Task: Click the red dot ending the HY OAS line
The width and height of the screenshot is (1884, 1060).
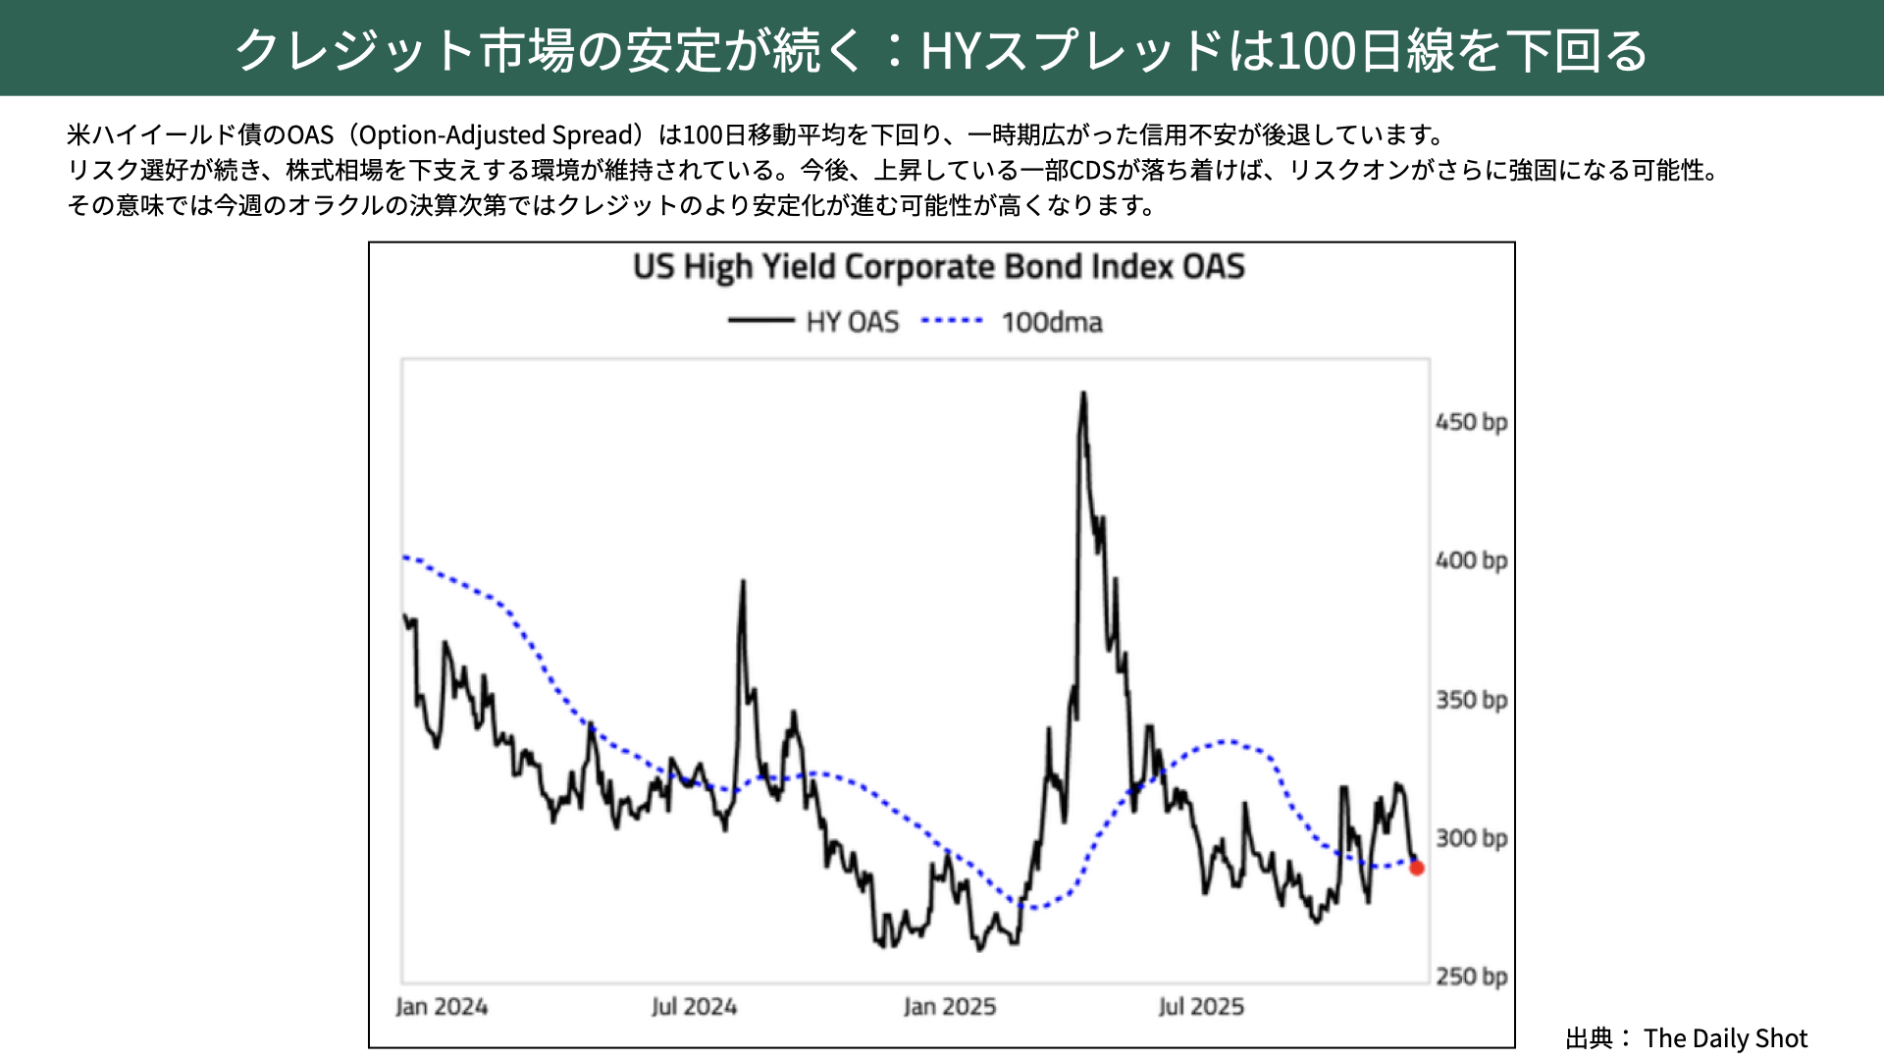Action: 1416,868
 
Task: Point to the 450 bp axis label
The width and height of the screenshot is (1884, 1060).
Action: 1471,422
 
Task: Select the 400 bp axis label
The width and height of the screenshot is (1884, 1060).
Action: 1471,560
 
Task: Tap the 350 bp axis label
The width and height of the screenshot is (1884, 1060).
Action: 1471,700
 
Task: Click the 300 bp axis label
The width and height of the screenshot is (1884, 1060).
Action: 1471,838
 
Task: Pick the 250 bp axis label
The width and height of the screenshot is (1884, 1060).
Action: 1471,977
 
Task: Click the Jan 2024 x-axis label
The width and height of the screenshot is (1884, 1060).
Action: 442,1007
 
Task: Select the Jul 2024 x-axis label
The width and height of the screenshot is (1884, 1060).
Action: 694,1007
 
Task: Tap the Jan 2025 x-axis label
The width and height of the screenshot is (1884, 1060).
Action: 949,1007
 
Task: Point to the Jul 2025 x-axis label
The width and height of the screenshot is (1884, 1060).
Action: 1201,1007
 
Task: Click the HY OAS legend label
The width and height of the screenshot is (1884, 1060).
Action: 852,322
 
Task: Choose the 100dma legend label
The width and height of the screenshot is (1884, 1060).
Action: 1052,322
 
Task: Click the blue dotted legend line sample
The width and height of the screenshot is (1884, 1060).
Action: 952,321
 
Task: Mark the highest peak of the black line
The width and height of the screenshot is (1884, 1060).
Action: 1083,395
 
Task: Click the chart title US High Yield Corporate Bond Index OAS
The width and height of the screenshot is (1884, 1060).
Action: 939,267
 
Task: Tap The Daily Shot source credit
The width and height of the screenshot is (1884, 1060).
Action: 1725,1038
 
